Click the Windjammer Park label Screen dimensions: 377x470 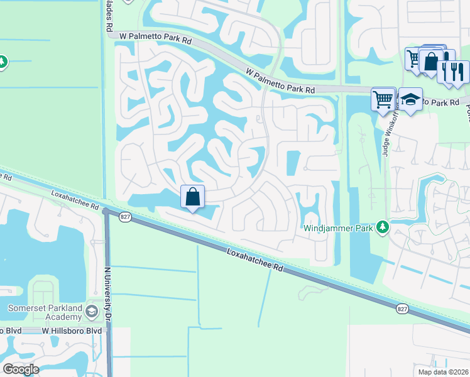tap(338, 227)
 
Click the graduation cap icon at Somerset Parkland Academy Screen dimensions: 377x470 tap(92, 311)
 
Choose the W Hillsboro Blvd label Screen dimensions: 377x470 tap(71, 331)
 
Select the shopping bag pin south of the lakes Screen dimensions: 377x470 tap(193, 197)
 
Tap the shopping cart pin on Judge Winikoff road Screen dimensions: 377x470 tap(383, 99)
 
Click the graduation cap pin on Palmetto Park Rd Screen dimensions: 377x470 tap(410, 100)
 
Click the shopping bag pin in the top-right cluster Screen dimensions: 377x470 tap(431, 62)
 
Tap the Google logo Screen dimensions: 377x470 tap(21, 369)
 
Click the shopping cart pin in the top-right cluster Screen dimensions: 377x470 tap(414, 58)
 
